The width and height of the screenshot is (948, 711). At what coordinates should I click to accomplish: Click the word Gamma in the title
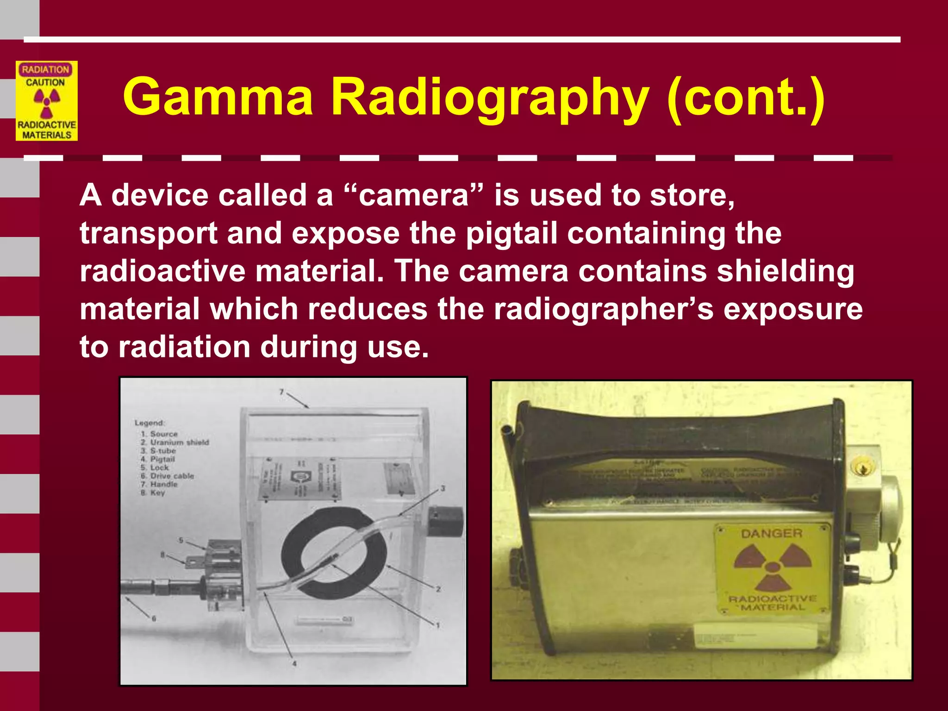[x=218, y=97]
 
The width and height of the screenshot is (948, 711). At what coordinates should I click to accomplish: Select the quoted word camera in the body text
[x=414, y=195]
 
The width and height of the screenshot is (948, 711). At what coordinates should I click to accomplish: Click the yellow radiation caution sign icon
[x=46, y=101]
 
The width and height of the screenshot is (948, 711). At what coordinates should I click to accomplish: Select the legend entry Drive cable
[x=171, y=476]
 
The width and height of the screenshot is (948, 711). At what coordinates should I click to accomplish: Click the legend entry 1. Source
[x=160, y=434]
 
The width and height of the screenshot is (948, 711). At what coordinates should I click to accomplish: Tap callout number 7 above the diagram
[x=281, y=392]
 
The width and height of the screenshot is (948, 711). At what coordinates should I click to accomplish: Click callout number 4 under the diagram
[x=294, y=664]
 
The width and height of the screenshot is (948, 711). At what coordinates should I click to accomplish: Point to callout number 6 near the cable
[x=154, y=618]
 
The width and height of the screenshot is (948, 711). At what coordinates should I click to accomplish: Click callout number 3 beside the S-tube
[x=443, y=488]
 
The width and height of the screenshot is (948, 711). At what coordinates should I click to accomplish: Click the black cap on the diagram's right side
[x=445, y=521]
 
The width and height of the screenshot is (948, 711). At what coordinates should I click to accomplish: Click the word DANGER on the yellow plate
[x=771, y=534]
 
